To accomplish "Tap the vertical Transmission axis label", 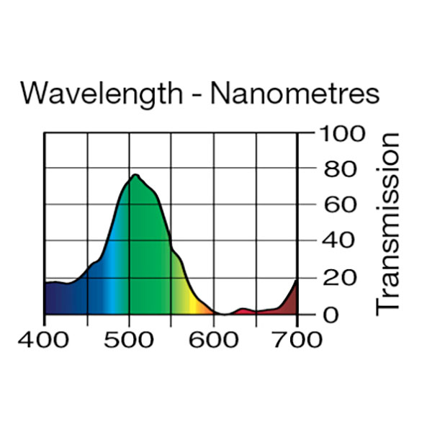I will pos(387,223).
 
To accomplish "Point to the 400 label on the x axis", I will pos(45,340).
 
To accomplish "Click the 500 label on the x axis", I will pos(129,340).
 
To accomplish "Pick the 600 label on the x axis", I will pos(213,340).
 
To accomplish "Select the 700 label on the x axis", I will pos(297,340).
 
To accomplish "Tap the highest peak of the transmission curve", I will pos(135,175).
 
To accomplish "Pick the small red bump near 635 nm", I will pos(243,310).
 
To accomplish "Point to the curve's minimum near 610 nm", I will pos(223,314).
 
